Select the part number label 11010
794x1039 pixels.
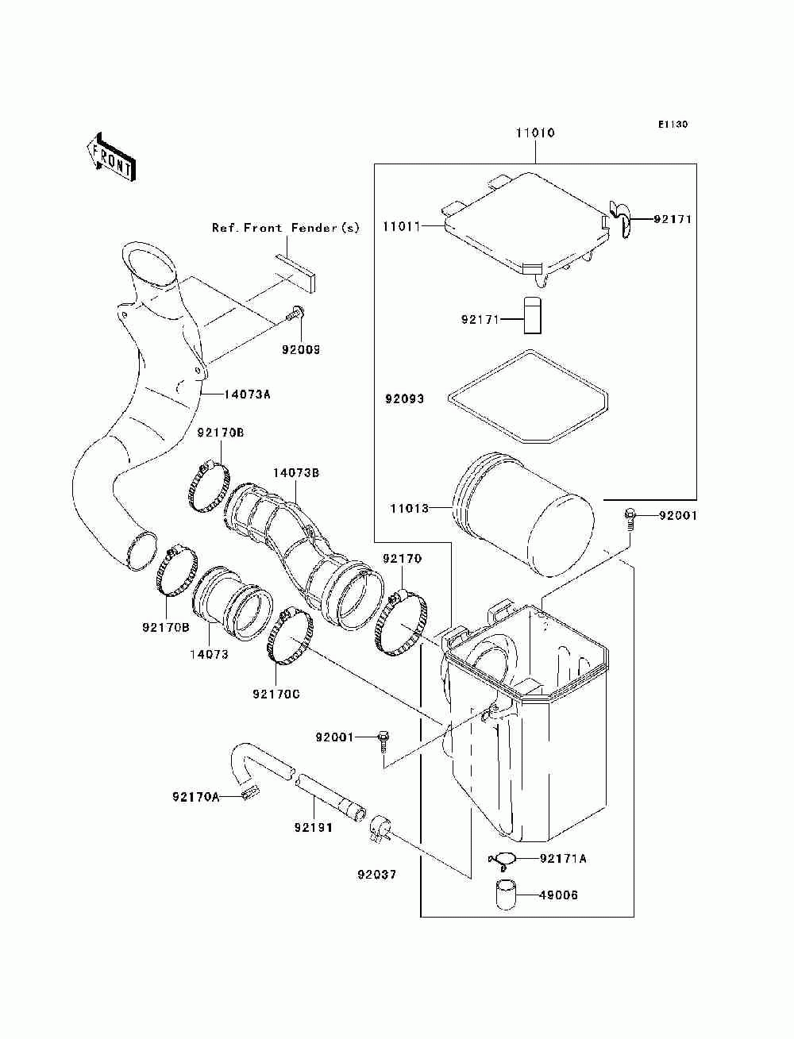tap(535, 133)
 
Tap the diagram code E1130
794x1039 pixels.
tap(672, 125)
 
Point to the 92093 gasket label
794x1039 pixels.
tap(405, 399)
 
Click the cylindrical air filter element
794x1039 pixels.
tap(524, 515)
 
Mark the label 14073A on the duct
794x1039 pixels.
tap(248, 394)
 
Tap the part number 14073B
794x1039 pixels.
tap(295, 473)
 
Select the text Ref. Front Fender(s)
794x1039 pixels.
tap(285, 228)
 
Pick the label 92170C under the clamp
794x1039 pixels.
tap(276, 694)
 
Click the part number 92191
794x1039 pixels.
tap(313, 827)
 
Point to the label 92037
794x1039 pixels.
tap(377, 875)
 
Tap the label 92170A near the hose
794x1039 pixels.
tap(195, 796)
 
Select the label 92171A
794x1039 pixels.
tap(564, 858)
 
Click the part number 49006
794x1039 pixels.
tap(558, 895)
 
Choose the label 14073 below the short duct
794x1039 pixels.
tap(209, 655)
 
